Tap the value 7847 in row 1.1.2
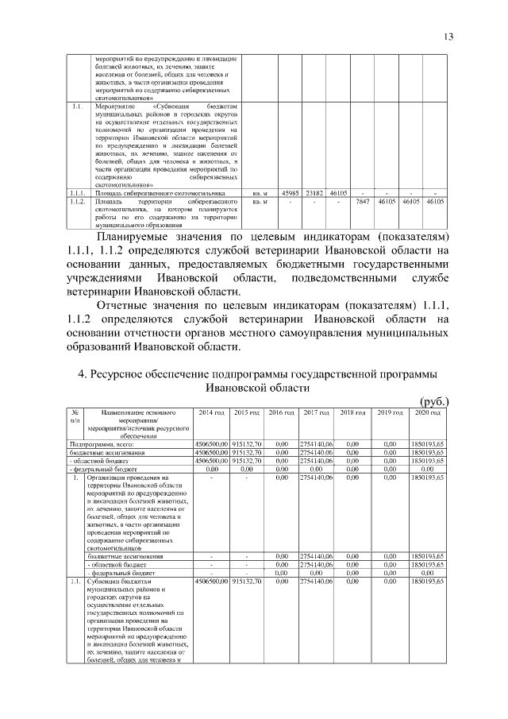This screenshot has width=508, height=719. tap(363, 202)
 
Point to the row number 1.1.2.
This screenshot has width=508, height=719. tap(77, 202)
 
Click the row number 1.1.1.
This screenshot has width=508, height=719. tap(77, 193)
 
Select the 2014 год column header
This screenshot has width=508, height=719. tap(211, 413)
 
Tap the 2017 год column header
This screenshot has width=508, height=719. tap(316, 413)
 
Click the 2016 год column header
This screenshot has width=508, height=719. tap(281, 413)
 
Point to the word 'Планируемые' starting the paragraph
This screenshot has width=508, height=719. tap(139, 237)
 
